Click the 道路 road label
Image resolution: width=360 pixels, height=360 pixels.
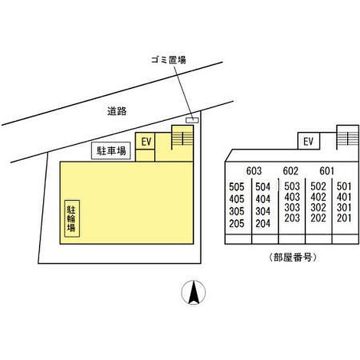117,111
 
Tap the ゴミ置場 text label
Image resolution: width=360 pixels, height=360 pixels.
169,60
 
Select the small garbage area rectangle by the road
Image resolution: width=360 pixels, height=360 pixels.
192,120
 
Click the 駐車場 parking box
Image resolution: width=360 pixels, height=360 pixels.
111,151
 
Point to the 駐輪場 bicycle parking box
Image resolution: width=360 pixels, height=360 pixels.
72,219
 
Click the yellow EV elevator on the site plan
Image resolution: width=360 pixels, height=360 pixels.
145,141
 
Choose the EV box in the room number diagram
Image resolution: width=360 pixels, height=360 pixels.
309,141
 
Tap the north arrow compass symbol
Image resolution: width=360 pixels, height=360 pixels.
193,292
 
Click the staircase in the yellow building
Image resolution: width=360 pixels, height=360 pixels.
182,137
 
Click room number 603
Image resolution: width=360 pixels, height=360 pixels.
254,171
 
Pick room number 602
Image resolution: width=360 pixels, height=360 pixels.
291,171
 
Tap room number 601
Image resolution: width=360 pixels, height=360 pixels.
327,171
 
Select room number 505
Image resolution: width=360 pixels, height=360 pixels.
237,187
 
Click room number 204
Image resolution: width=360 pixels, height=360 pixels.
263,223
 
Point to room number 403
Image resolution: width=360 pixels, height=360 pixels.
292,197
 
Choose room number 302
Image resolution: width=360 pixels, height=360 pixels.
318,208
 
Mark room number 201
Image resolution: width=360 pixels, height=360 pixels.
344,218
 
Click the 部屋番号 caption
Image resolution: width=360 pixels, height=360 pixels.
293,257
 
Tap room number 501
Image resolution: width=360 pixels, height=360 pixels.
344,186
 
